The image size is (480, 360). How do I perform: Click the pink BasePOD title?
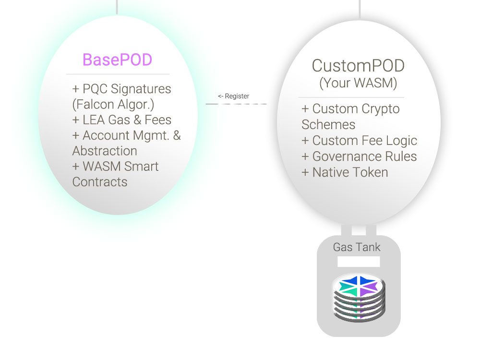(117, 60)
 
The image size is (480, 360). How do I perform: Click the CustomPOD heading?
(358, 66)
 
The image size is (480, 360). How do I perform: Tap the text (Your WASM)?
(358, 83)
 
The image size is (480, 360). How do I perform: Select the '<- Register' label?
(234, 96)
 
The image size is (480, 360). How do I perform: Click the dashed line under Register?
(236, 104)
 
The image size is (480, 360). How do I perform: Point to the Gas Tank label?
(357, 247)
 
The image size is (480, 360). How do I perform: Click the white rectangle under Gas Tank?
(359, 262)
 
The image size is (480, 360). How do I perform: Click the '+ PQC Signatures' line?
(121, 89)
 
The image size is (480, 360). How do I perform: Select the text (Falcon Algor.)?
(113, 105)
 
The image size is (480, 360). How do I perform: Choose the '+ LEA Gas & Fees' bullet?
(122, 120)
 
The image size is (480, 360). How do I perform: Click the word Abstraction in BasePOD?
(105, 151)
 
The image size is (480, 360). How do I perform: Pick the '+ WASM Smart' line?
(115, 167)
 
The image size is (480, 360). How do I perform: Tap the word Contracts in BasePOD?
(100, 182)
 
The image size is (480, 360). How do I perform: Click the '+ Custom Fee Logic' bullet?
(360, 141)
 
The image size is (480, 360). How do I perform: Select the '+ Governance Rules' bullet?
(359, 156)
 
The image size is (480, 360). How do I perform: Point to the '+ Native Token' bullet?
(345, 172)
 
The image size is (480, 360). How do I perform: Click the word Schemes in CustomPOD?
(328, 125)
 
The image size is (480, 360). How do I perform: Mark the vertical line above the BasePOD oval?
(117, 7)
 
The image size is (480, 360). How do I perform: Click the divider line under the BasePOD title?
(118, 74)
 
